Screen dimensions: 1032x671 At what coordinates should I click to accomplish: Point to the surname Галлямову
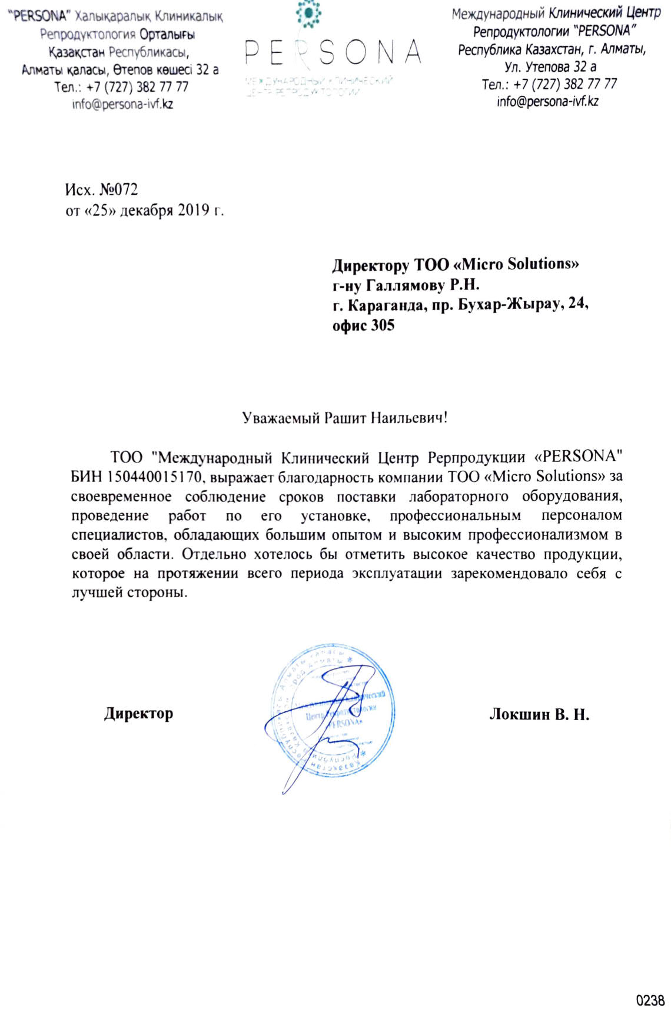406,285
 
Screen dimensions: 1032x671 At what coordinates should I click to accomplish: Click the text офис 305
363,325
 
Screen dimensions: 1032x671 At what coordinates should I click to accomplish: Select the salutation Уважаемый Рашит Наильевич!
344,418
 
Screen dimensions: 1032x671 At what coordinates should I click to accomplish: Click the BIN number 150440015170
154,477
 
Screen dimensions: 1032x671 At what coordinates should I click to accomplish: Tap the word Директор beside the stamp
138,714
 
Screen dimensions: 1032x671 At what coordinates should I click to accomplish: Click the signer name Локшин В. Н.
539,714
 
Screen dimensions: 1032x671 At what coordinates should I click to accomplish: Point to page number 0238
650,1000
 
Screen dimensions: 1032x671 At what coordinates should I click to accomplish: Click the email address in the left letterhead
122,105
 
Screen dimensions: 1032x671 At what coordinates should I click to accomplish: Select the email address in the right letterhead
547,101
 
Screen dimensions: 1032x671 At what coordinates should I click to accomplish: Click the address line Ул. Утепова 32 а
550,66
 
